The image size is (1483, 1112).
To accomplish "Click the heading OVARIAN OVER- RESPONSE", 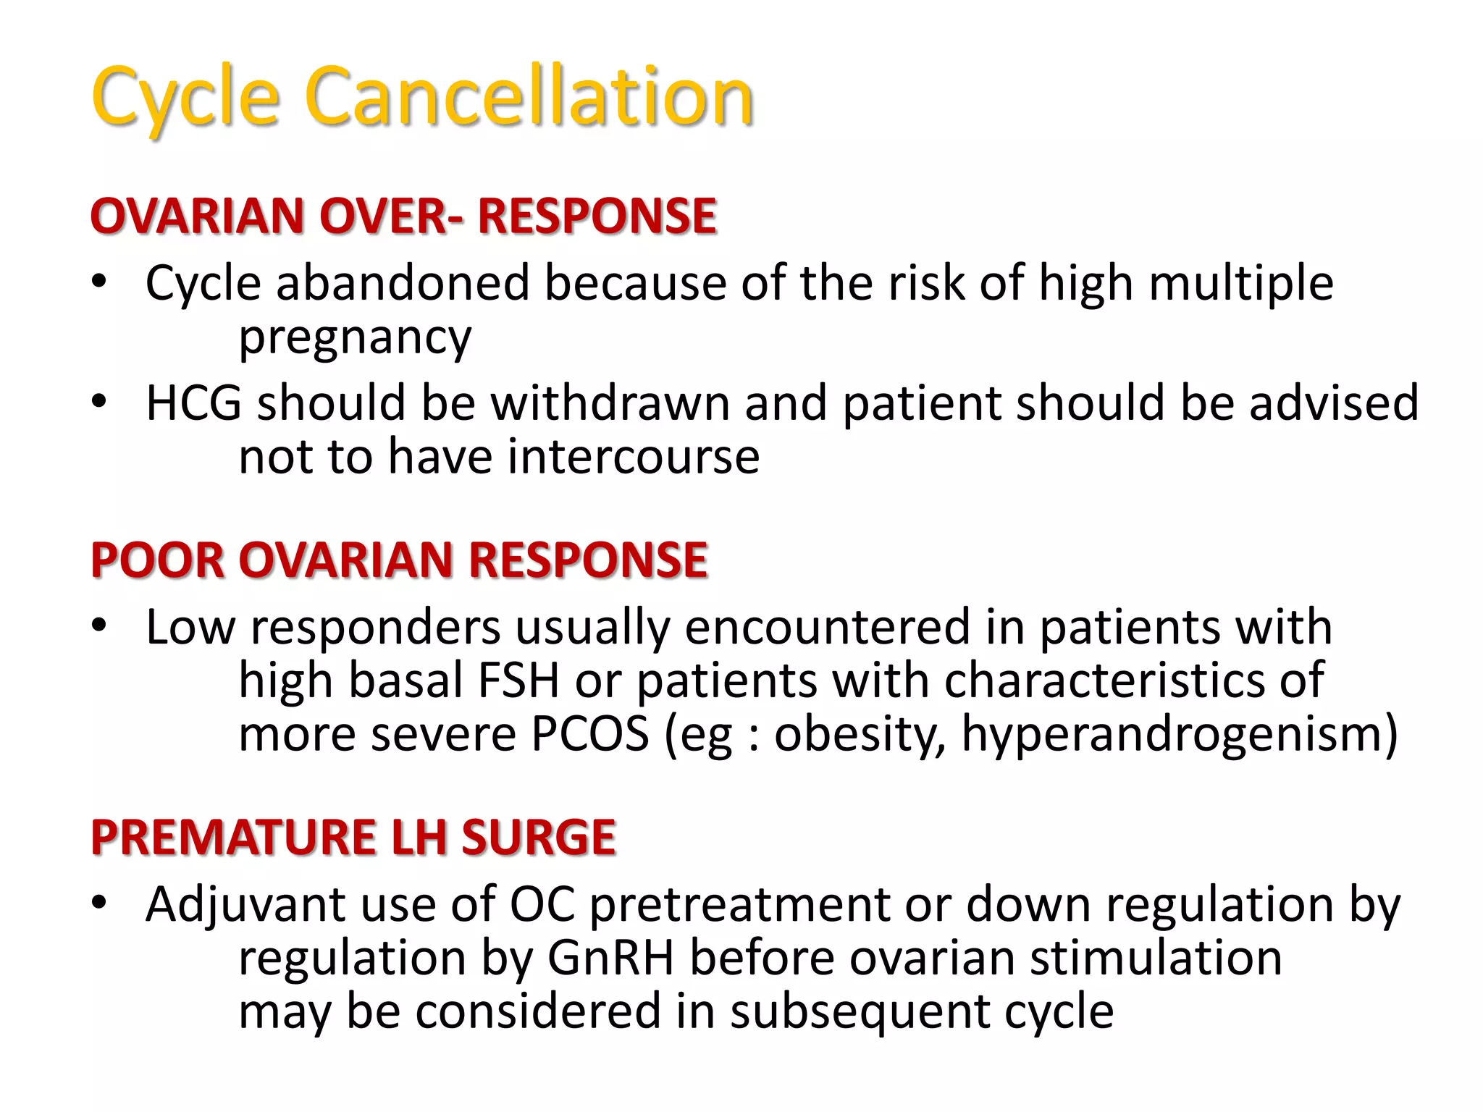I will pos(403,216).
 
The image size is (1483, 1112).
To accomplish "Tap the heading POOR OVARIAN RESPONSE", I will pos(399,560).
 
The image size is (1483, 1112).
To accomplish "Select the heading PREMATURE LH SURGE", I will pos(353,838).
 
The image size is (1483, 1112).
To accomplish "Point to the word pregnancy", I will pos(355,338).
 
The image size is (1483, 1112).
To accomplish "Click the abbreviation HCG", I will pos(193,403).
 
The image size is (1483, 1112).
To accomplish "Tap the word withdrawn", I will pos(610,403).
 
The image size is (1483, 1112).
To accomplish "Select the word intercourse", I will pos(634,457).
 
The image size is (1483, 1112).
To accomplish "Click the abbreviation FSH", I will pos(519,681).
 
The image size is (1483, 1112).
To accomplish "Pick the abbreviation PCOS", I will pos(590,734).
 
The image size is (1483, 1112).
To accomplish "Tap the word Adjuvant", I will pos(245,905).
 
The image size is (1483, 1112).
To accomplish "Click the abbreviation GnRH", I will pos(610,958).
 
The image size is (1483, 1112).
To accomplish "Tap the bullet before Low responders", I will pos(99,625).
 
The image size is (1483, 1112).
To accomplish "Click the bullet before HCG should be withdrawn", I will pos(99,401).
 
